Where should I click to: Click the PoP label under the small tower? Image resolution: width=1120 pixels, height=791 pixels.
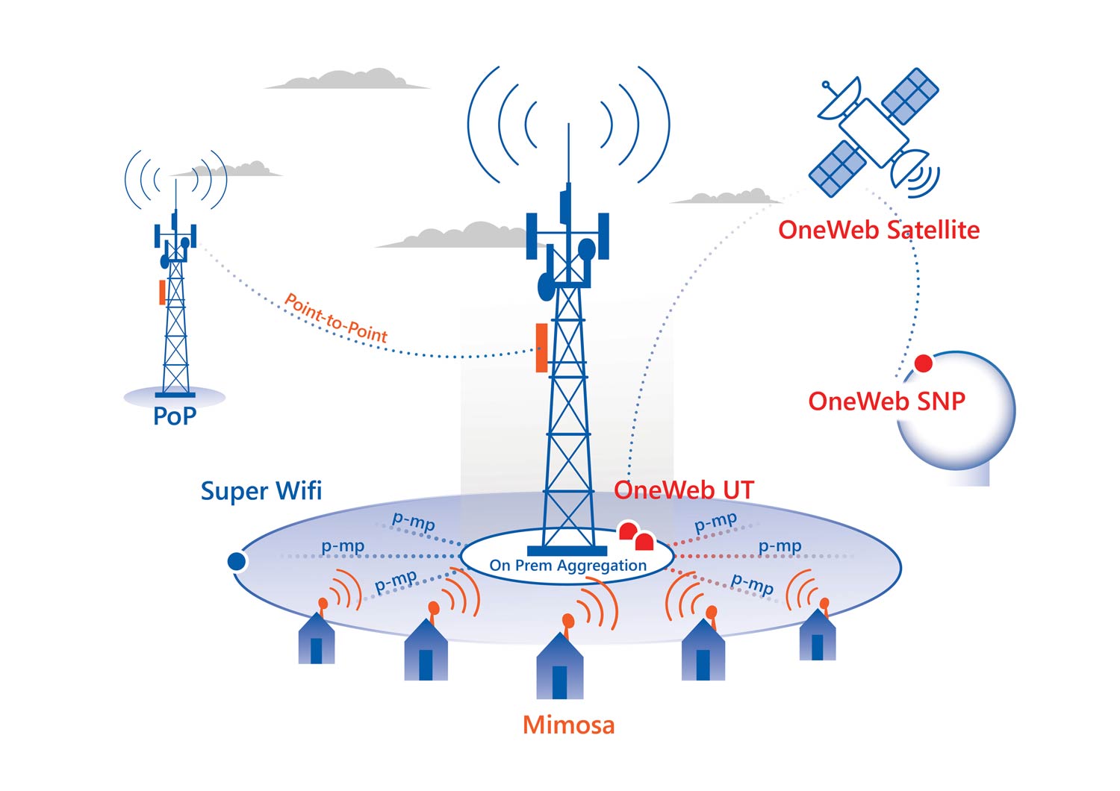tap(175, 416)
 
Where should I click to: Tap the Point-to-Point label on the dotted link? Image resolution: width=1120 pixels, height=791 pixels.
tap(336, 319)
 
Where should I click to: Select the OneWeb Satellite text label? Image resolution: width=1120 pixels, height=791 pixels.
tap(879, 230)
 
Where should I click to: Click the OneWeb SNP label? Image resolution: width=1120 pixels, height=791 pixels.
tap(886, 401)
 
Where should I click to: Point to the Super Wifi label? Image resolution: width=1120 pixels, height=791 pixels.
tap(261, 491)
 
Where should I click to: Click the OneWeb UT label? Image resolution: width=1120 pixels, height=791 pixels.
tap(684, 490)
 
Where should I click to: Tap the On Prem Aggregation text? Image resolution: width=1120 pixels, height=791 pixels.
tap(567, 566)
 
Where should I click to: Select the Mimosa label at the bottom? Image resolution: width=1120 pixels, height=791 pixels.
tap(568, 725)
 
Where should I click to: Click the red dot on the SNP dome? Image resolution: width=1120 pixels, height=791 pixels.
tap(924, 363)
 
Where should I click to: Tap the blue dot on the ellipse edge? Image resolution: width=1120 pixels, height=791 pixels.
tap(237, 561)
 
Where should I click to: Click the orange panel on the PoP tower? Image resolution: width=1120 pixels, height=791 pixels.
tap(162, 292)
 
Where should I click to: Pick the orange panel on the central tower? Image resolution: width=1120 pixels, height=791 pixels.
tap(541, 348)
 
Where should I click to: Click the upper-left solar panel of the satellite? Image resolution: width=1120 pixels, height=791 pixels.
tap(909, 95)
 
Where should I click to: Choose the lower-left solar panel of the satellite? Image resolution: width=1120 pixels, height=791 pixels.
tap(838, 168)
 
